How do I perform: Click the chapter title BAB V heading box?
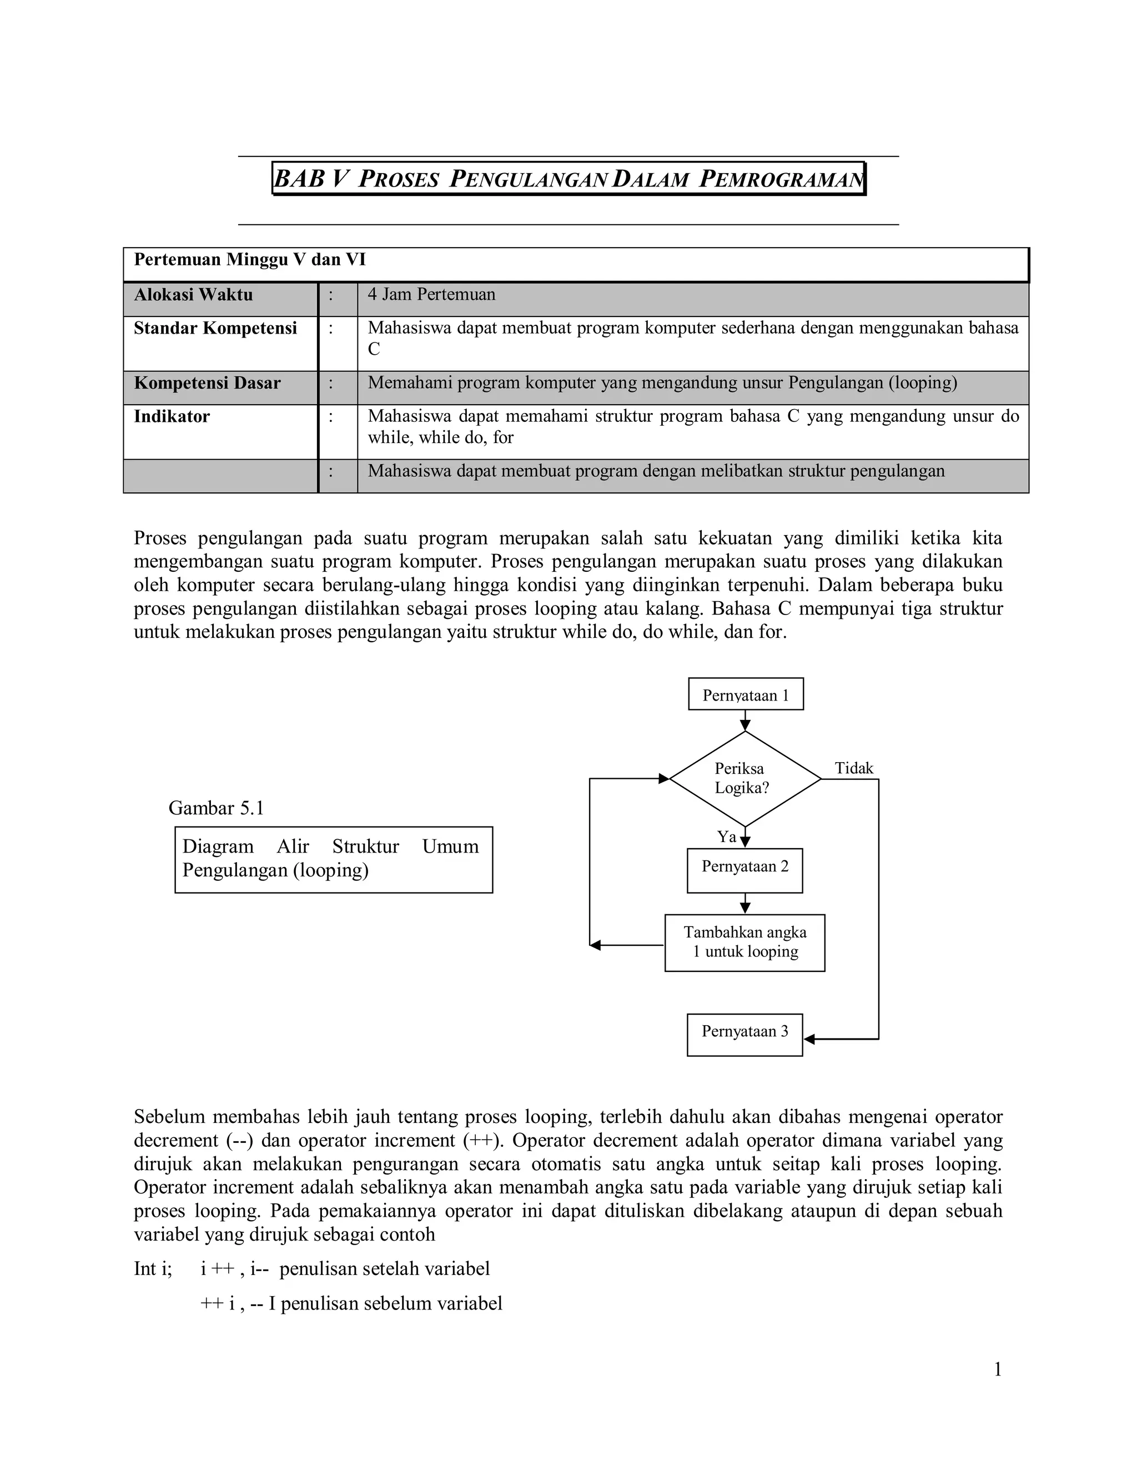(568, 179)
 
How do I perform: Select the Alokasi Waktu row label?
(193, 295)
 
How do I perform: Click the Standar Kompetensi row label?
(215, 329)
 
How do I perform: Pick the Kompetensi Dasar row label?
(207, 383)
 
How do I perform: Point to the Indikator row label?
(172, 417)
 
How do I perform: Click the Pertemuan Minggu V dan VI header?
(250, 260)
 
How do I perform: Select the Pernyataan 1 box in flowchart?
(745, 694)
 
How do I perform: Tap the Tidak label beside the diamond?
(853, 768)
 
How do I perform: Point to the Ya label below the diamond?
(726, 837)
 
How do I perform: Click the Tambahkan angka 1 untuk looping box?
(744, 943)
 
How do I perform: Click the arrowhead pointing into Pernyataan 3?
(809, 1039)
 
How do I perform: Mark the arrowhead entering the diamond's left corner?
(663, 779)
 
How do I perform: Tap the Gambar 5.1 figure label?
(215, 808)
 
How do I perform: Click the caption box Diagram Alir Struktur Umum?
(334, 859)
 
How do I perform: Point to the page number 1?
(998, 1370)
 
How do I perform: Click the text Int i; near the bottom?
(153, 1269)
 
